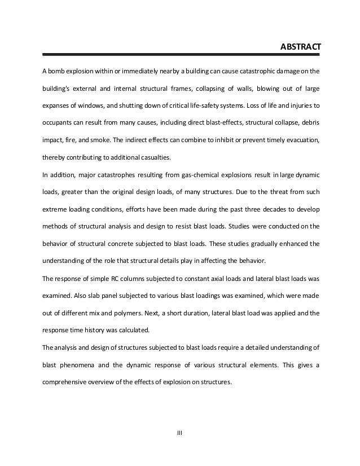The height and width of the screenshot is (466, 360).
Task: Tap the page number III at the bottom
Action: click(x=180, y=433)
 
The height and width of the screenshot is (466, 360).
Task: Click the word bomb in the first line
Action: click(x=59, y=72)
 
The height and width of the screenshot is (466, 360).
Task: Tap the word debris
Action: click(x=308, y=122)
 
